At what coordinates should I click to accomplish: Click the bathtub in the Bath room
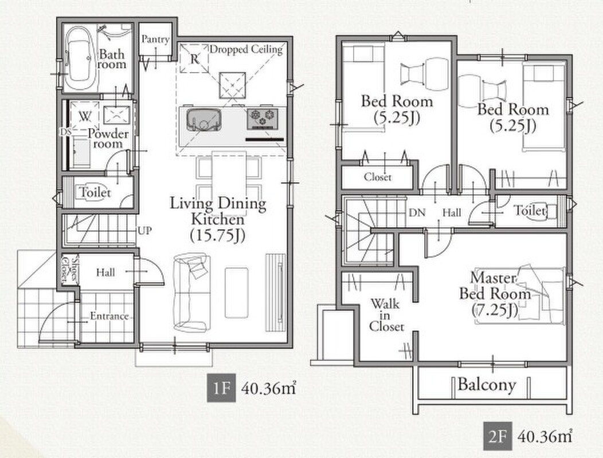pos(80,58)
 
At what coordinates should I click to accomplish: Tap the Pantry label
pos(155,39)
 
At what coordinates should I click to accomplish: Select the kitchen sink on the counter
pos(204,120)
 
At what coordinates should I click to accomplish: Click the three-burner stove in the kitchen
pos(263,117)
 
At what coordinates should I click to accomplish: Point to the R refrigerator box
pos(194,58)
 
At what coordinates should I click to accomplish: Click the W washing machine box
pos(85,115)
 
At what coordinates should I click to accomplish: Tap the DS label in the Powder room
pos(65,132)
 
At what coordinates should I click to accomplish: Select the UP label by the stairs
pos(144,231)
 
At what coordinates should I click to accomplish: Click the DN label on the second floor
pos(417,212)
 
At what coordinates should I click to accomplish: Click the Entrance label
pos(109,316)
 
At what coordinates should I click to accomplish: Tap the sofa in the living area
pos(192,293)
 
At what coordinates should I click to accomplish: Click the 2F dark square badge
pos(498,436)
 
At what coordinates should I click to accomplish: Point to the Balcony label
pos(487,385)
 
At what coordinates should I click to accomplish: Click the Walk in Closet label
pos(386,315)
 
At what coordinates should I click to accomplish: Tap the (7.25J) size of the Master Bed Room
pos(495,310)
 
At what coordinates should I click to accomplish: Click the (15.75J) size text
pos(218,235)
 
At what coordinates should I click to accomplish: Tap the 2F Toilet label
pos(530,211)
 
